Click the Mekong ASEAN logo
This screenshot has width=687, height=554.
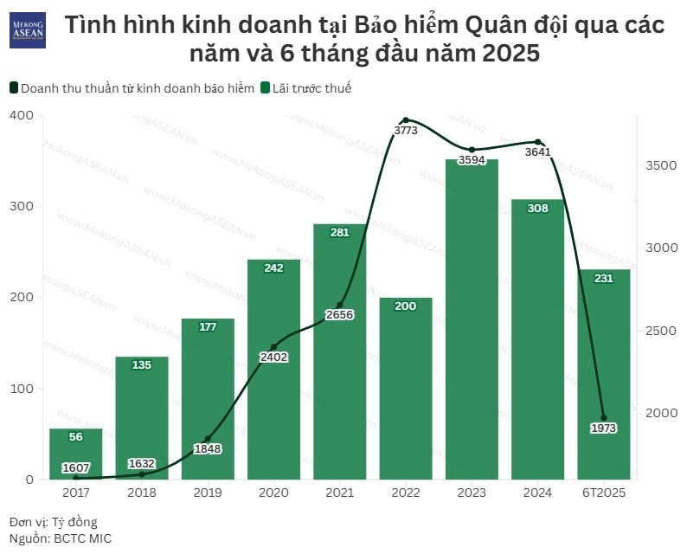pyautogui.click(x=27, y=30)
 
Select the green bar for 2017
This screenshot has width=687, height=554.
pyautogui.click(x=75, y=454)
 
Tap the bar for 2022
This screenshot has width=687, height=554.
pyautogui.click(x=405, y=390)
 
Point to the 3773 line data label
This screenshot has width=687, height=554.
pyautogui.click(x=406, y=131)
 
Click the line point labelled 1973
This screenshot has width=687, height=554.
pyautogui.click(x=604, y=418)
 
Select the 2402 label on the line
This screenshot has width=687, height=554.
pyautogui.click(x=273, y=357)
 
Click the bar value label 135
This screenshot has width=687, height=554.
pyautogui.click(x=142, y=365)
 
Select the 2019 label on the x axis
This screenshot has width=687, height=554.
pyautogui.click(x=208, y=493)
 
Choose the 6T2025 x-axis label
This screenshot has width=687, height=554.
pyautogui.click(x=603, y=493)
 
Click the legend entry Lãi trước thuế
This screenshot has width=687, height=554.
pyautogui.click(x=311, y=87)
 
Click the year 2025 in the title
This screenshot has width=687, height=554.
pyautogui.click(x=505, y=54)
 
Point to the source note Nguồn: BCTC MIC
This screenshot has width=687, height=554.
pyautogui.click(x=61, y=538)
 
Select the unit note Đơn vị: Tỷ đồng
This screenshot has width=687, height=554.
pyautogui.click(x=54, y=522)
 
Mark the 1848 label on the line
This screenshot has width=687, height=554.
pyautogui.click(x=208, y=448)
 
